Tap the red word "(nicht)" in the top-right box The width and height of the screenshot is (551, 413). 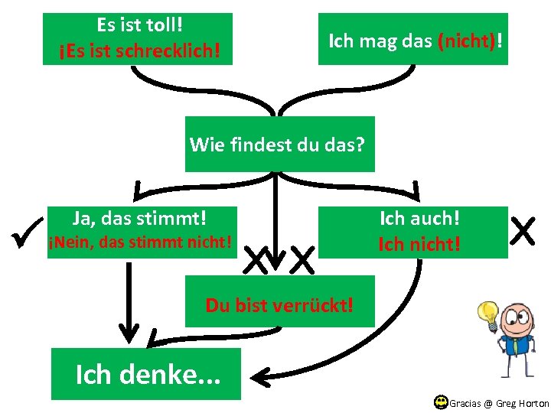(x=466, y=40)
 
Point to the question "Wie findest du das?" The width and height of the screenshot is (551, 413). (x=279, y=144)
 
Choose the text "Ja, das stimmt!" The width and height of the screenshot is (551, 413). (x=139, y=218)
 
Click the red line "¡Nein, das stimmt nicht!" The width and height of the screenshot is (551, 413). (x=139, y=243)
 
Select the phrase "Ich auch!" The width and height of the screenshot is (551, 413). (x=420, y=218)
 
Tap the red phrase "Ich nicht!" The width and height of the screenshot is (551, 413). (x=420, y=244)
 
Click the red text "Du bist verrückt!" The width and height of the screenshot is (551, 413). (x=279, y=305)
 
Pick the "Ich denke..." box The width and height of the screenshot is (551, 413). (x=145, y=374)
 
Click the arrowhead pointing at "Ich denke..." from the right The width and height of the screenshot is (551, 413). (x=262, y=374)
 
